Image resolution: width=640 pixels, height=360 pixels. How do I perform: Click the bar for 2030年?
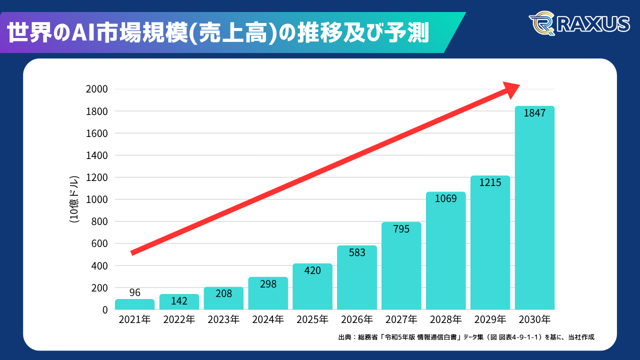pos(534,210)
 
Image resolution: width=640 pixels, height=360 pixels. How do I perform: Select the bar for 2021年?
pos(134,304)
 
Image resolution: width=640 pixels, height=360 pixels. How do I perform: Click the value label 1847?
pos(534,113)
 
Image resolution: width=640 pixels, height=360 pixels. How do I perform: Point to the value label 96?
pos(134,292)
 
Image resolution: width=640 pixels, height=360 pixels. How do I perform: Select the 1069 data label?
pos(445,198)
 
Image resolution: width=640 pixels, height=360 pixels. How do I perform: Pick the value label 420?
pos(312,270)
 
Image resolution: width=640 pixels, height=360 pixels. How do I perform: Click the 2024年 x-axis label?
pos(268,319)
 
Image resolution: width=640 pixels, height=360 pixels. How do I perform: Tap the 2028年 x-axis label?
pos(445,319)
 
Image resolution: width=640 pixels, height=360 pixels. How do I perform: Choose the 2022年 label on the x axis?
pos(179,319)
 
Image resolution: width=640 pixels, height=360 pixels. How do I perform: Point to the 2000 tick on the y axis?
pos(97,89)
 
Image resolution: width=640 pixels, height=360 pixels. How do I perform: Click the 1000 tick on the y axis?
pos(97,199)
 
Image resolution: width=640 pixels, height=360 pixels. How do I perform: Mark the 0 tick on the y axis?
pos(104,310)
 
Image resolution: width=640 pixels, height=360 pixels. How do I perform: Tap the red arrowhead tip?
pos(519,85)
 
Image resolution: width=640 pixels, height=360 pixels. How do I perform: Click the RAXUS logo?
pos(579,24)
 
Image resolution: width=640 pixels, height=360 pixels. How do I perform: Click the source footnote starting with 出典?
pos(466,337)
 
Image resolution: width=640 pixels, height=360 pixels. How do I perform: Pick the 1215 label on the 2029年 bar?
pos(490,183)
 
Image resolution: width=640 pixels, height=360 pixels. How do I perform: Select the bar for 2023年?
pos(223,300)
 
